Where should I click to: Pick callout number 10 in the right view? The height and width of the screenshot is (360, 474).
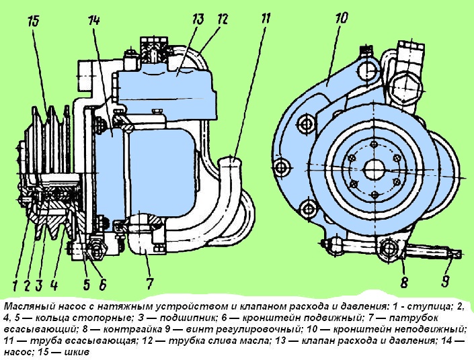(341, 16)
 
